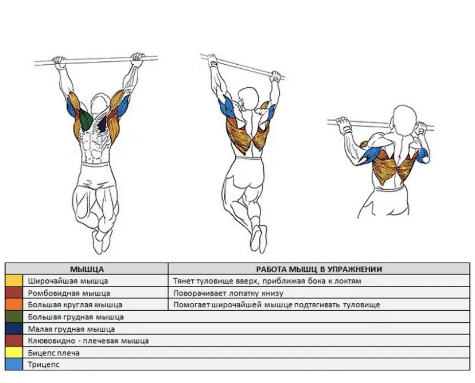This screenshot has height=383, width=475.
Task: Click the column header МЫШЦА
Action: coord(87,269)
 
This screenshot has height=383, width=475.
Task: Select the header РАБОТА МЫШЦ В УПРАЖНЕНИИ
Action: coord(319,269)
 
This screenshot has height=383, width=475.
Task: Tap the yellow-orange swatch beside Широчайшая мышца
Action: coord(14,281)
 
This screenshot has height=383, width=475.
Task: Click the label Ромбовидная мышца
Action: coord(69,293)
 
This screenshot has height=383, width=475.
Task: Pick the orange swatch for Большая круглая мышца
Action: coord(14,304)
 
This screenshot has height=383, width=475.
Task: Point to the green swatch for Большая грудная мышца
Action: coord(14,316)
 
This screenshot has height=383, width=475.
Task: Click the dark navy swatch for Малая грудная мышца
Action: coord(14,329)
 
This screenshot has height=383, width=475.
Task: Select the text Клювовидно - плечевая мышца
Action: coord(88,341)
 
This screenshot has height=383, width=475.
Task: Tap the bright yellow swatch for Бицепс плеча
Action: coord(14,353)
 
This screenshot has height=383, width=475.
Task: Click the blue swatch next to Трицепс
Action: coord(14,364)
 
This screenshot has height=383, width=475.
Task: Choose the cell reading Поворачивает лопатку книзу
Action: coord(228,293)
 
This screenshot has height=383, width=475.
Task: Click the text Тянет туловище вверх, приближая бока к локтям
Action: coord(267,281)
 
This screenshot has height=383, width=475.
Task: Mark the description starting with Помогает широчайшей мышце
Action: coord(277,304)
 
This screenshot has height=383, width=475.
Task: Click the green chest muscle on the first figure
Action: coord(85,120)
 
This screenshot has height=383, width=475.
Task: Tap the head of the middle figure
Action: coord(248,99)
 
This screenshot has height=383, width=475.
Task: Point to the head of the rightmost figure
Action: coord(406,120)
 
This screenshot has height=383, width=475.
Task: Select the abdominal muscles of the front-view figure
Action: coord(95,148)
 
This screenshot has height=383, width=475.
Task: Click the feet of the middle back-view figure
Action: coord(258,239)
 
